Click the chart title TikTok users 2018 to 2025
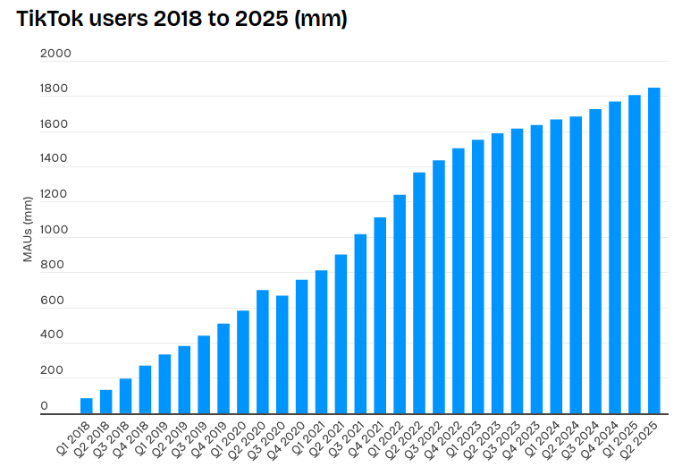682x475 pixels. (181, 19)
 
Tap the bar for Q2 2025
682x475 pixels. (654, 250)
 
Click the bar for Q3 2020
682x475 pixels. (282, 354)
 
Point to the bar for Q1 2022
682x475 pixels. (400, 304)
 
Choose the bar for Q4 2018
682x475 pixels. (145, 389)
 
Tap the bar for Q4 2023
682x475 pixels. (536, 269)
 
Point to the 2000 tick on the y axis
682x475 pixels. (55, 54)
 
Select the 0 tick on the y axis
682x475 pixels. (45, 406)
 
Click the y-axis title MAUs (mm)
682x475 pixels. (28, 230)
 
